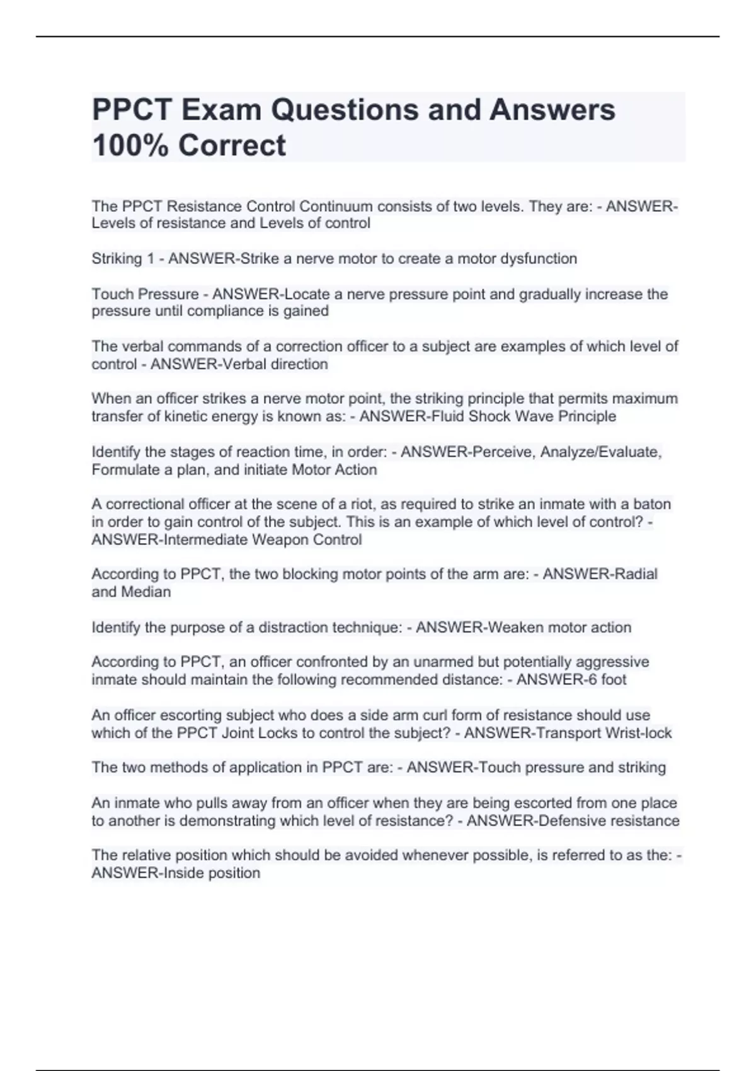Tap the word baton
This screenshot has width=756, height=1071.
pyautogui.click(x=652, y=505)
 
